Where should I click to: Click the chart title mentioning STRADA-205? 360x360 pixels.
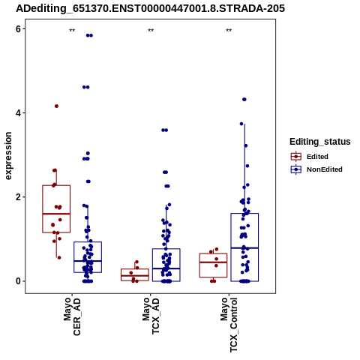[150, 8]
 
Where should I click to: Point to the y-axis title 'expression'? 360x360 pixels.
[8, 156]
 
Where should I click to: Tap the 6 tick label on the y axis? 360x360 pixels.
[18, 29]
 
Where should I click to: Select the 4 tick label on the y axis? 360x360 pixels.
[18, 113]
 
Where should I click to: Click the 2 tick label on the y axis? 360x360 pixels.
[18, 197]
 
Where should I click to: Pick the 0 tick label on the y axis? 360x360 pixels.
[18, 281]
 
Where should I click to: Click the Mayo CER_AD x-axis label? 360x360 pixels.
[72, 316]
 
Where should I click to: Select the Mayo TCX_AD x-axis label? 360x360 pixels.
[151, 316]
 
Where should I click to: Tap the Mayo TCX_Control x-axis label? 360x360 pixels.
[229, 325]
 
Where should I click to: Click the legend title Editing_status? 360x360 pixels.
[320, 142]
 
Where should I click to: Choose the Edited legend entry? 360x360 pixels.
[310, 157]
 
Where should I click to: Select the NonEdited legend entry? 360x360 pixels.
[316, 169]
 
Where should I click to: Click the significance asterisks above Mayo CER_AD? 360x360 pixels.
[72, 31]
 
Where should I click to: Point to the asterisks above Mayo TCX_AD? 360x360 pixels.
[151, 31]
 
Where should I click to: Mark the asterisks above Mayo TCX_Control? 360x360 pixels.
[229, 31]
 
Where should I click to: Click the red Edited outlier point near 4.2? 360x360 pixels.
[56, 106]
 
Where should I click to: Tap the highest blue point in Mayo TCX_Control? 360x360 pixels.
[244, 100]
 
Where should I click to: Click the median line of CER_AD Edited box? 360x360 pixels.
[56, 214]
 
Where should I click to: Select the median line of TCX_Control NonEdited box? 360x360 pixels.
[244, 248]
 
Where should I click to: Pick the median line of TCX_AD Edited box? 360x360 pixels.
[135, 275]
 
